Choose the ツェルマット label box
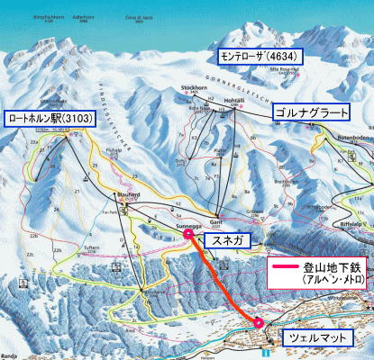point(312,339)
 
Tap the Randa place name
point(10,355)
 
